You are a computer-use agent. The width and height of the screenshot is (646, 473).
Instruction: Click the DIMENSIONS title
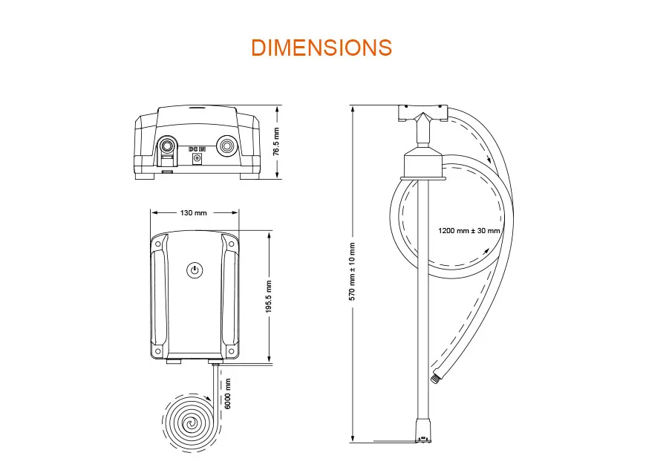coord(322,47)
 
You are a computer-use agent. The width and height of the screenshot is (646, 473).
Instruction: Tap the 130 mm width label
coord(195,213)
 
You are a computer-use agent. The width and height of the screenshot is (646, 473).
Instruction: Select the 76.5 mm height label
coord(275,141)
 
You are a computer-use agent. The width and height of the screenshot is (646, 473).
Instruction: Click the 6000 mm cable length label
coord(229,394)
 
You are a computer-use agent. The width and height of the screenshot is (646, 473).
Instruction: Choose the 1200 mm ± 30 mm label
coord(469,231)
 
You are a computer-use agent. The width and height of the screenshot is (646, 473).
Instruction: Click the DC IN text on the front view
coord(197,149)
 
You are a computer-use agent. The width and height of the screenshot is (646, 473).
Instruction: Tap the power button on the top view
coord(195,270)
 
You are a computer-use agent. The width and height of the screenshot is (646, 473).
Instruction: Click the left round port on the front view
coord(169,145)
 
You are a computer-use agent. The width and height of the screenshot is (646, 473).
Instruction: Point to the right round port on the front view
coord(226,146)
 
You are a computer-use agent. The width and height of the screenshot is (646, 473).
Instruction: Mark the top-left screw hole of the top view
coord(159,243)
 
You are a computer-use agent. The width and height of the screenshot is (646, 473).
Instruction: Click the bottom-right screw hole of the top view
coord(230,350)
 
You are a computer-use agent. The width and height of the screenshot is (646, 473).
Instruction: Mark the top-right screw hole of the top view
coord(230,243)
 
